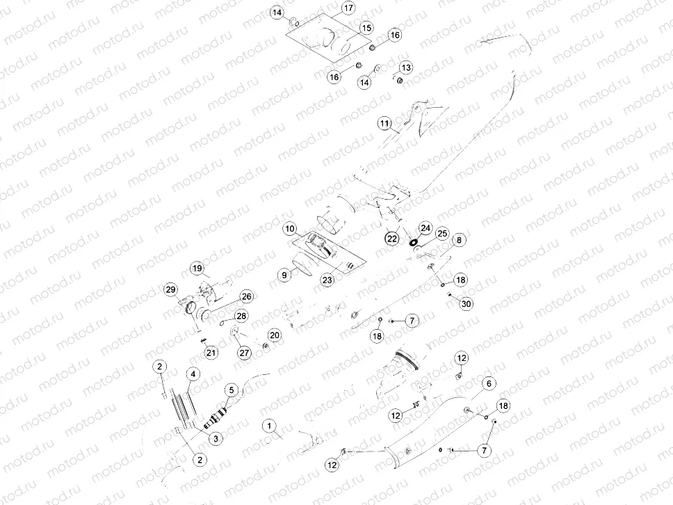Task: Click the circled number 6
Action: pos(489,383)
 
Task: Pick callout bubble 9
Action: pos(284,275)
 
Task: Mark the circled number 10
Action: pos(290,228)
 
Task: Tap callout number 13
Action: pos(405,67)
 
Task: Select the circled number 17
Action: pos(348,8)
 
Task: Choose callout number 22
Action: pos(392,238)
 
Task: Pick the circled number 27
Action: pos(244,353)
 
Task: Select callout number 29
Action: pos(171,289)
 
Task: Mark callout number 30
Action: pos(466,303)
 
